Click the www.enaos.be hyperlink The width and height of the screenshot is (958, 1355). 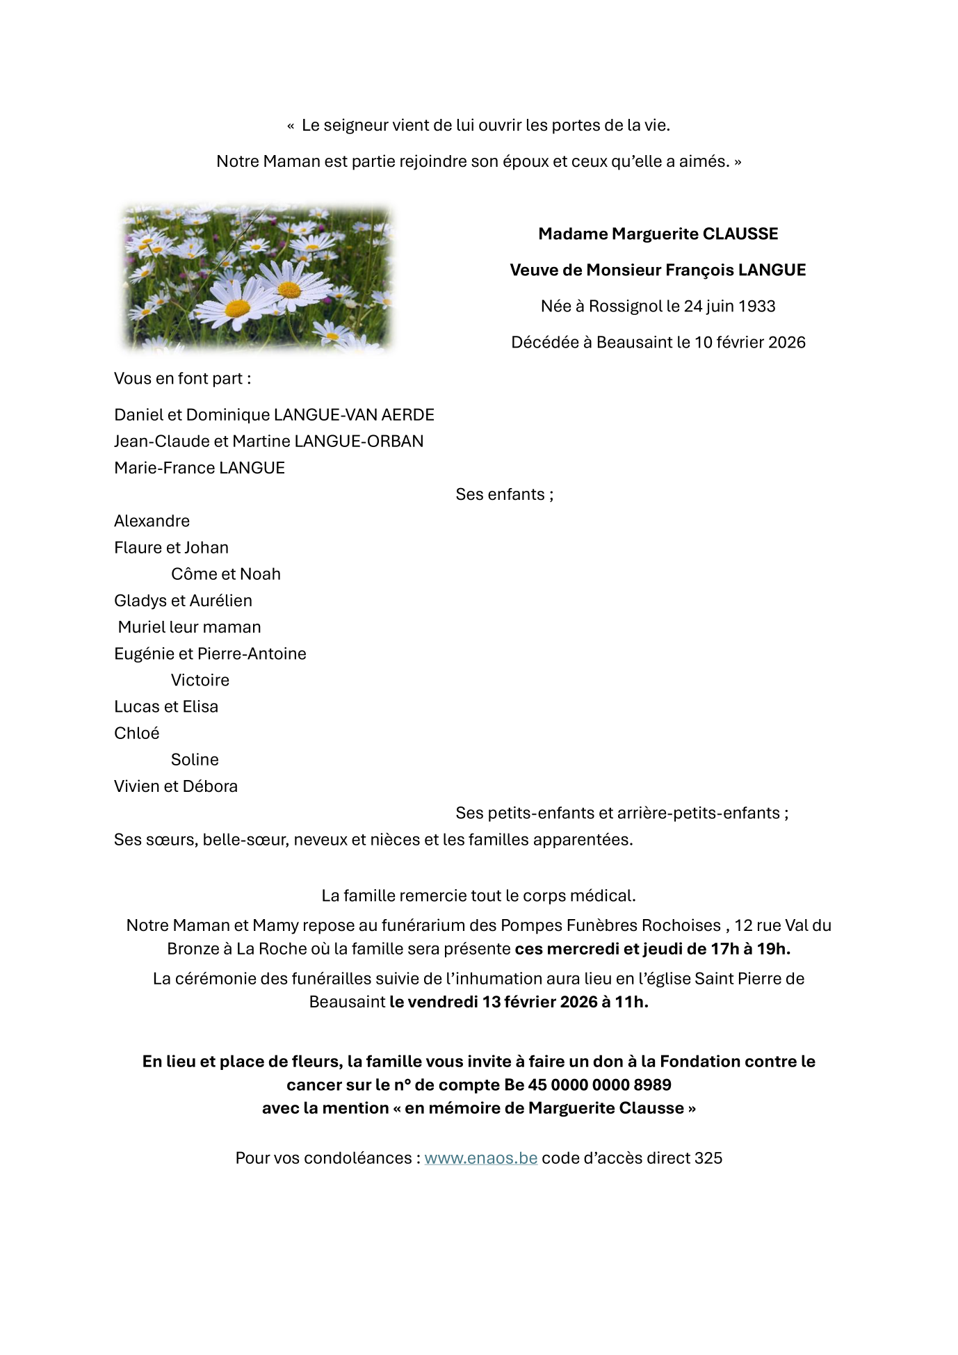point(480,1158)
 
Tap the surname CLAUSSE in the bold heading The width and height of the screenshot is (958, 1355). point(740,234)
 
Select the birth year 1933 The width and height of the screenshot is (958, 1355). point(757,306)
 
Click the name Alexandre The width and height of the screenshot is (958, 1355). point(152,521)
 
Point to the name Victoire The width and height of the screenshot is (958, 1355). point(200,680)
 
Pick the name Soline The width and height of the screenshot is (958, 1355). point(195,759)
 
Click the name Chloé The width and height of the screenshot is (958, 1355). point(137,733)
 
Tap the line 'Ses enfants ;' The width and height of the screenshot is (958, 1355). point(504,494)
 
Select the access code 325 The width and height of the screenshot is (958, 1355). point(708,1158)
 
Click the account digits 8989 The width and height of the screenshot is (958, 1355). point(652,1085)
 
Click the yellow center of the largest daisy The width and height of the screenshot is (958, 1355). point(238,307)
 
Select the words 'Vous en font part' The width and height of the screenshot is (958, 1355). point(179,378)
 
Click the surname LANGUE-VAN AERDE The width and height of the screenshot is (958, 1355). point(354,414)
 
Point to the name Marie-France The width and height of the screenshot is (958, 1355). point(164,468)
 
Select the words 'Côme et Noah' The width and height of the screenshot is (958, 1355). point(226,574)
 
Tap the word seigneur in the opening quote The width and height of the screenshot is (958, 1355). point(355,126)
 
